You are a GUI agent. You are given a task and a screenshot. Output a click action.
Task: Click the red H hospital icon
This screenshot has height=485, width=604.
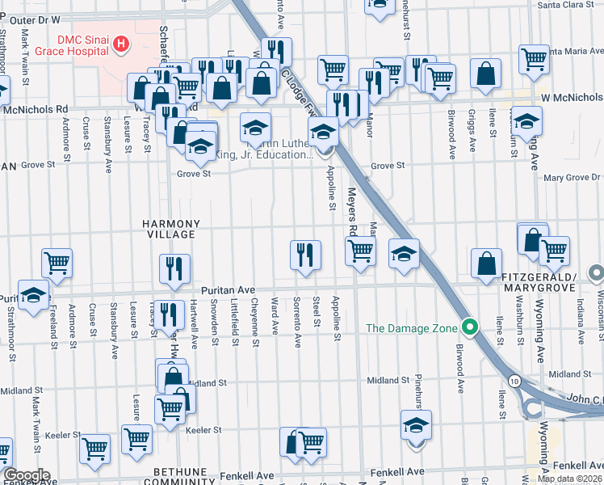pos(121,43)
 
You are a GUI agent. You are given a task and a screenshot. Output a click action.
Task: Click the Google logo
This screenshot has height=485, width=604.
pos(26,475)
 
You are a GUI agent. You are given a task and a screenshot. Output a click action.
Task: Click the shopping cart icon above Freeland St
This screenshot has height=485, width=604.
pos(57,262)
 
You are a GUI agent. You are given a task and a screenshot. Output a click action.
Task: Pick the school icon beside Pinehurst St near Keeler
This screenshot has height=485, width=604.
pos(416,425)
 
